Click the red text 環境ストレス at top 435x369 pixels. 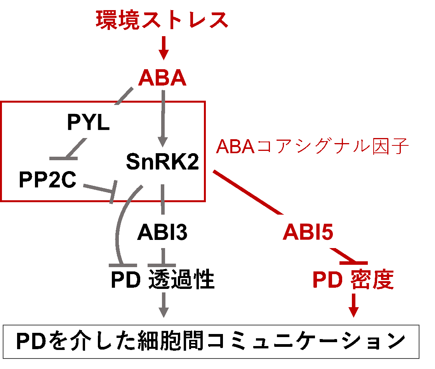coord(162,20)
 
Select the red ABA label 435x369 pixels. coord(162,79)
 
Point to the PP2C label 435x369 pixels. coord(47,180)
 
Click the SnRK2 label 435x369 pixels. coord(162,163)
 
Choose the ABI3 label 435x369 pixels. coord(162,233)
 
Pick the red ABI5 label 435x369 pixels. coord(308,233)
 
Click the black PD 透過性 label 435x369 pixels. coord(162,280)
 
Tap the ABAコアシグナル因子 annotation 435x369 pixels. coord(312,147)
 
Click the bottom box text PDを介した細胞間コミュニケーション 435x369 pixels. coord(211,341)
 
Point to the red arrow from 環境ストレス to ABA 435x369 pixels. coord(164,47)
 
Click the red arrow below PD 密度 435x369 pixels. coord(353,305)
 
